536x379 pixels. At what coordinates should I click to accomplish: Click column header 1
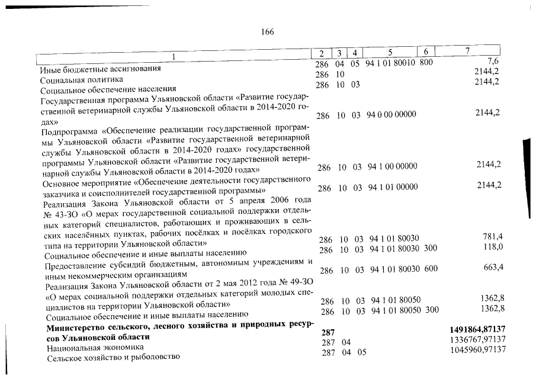point(174,55)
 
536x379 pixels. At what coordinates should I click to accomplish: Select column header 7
point(467,51)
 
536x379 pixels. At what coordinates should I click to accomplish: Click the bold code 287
point(328,332)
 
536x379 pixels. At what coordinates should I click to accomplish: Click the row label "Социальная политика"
point(82,79)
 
